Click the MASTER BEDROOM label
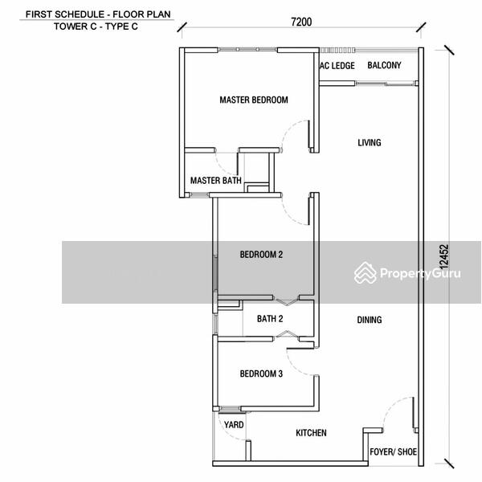click(x=254, y=100)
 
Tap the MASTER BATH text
click(x=216, y=181)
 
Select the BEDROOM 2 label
click(x=261, y=255)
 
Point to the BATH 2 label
click(x=270, y=319)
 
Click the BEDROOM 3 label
click(x=261, y=374)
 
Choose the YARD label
click(x=234, y=425)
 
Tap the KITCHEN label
click(x=311, y=433)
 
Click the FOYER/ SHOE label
click(x=393, y=451)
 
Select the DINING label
click(x=370, y=320)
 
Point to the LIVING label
click(x=370, y=143)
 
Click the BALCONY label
click(x=384, y=65)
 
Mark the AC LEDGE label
click(x=337, y=66)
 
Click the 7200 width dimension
click(x=301, y=22)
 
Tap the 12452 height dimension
click(x=444, y=257)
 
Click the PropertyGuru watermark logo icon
click(x=366, y=272)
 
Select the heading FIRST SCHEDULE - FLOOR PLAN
click(x=98, y=14)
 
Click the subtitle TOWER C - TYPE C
click(x=96, y=27)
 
